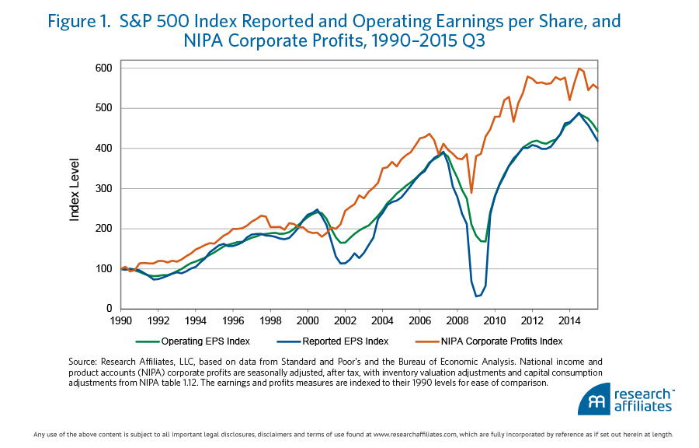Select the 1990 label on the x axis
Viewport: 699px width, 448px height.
[121, 320]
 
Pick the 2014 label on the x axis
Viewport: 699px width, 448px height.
[569, 320]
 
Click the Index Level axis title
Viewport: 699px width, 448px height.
[75, 189]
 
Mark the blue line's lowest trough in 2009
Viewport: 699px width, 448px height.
[476, 296]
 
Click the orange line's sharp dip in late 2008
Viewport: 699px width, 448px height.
[471, 192]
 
